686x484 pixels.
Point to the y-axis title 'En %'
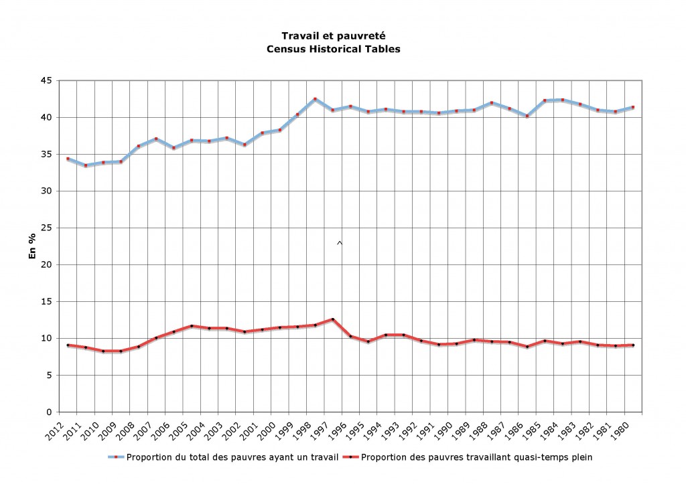pyautogui.click(x=31, y=246)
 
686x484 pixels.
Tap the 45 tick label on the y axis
pyautogui.click(x=47, y=80)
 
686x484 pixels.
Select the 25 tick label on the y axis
pyautogui.click(x=47, y=228)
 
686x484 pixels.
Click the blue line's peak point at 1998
pyautogui.click(x=315, y=99)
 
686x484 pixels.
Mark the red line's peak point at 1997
pyautogui.click(x=332, y=319)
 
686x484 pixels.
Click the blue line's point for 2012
pyautogui.click(x=68, y=159)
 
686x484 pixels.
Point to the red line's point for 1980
pyautogui.click(x=633, y=345)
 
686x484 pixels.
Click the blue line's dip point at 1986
pyautogui.click(x=527, y=116)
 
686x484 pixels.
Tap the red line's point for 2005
pyautogui.click(x=192, y=326)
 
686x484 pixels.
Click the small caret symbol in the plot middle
pyautogui.click(x=340, y=242)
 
